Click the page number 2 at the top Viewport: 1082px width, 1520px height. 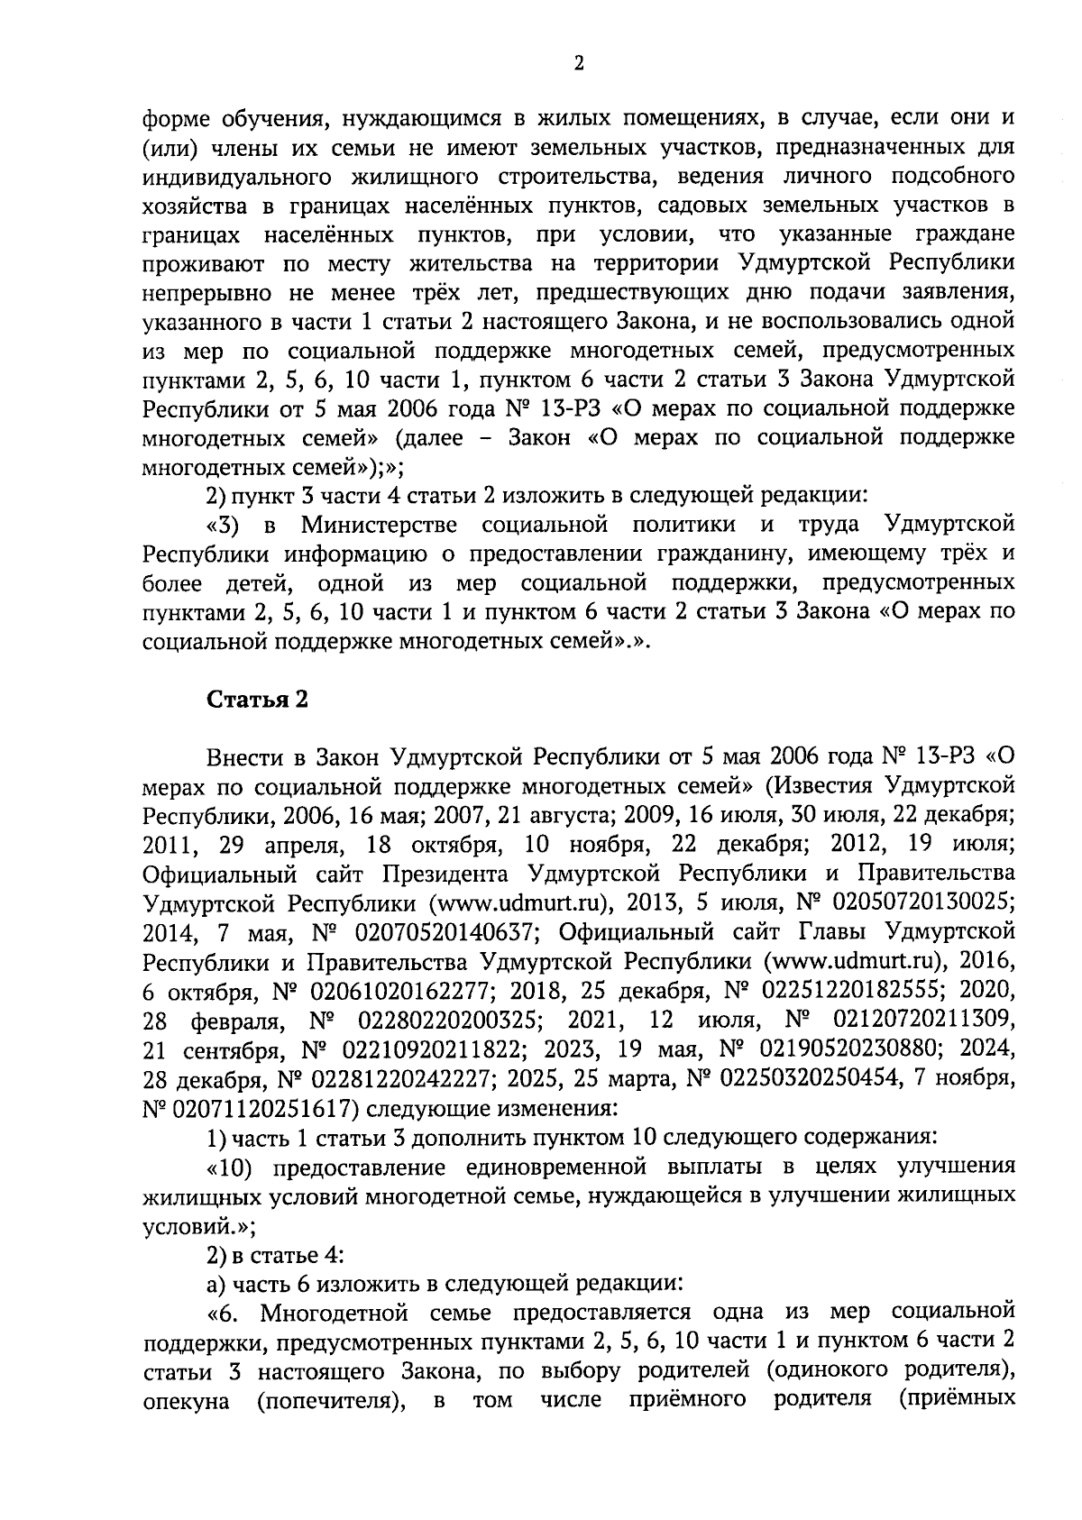click(579, 63)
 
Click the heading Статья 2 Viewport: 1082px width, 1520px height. click(258, 700)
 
